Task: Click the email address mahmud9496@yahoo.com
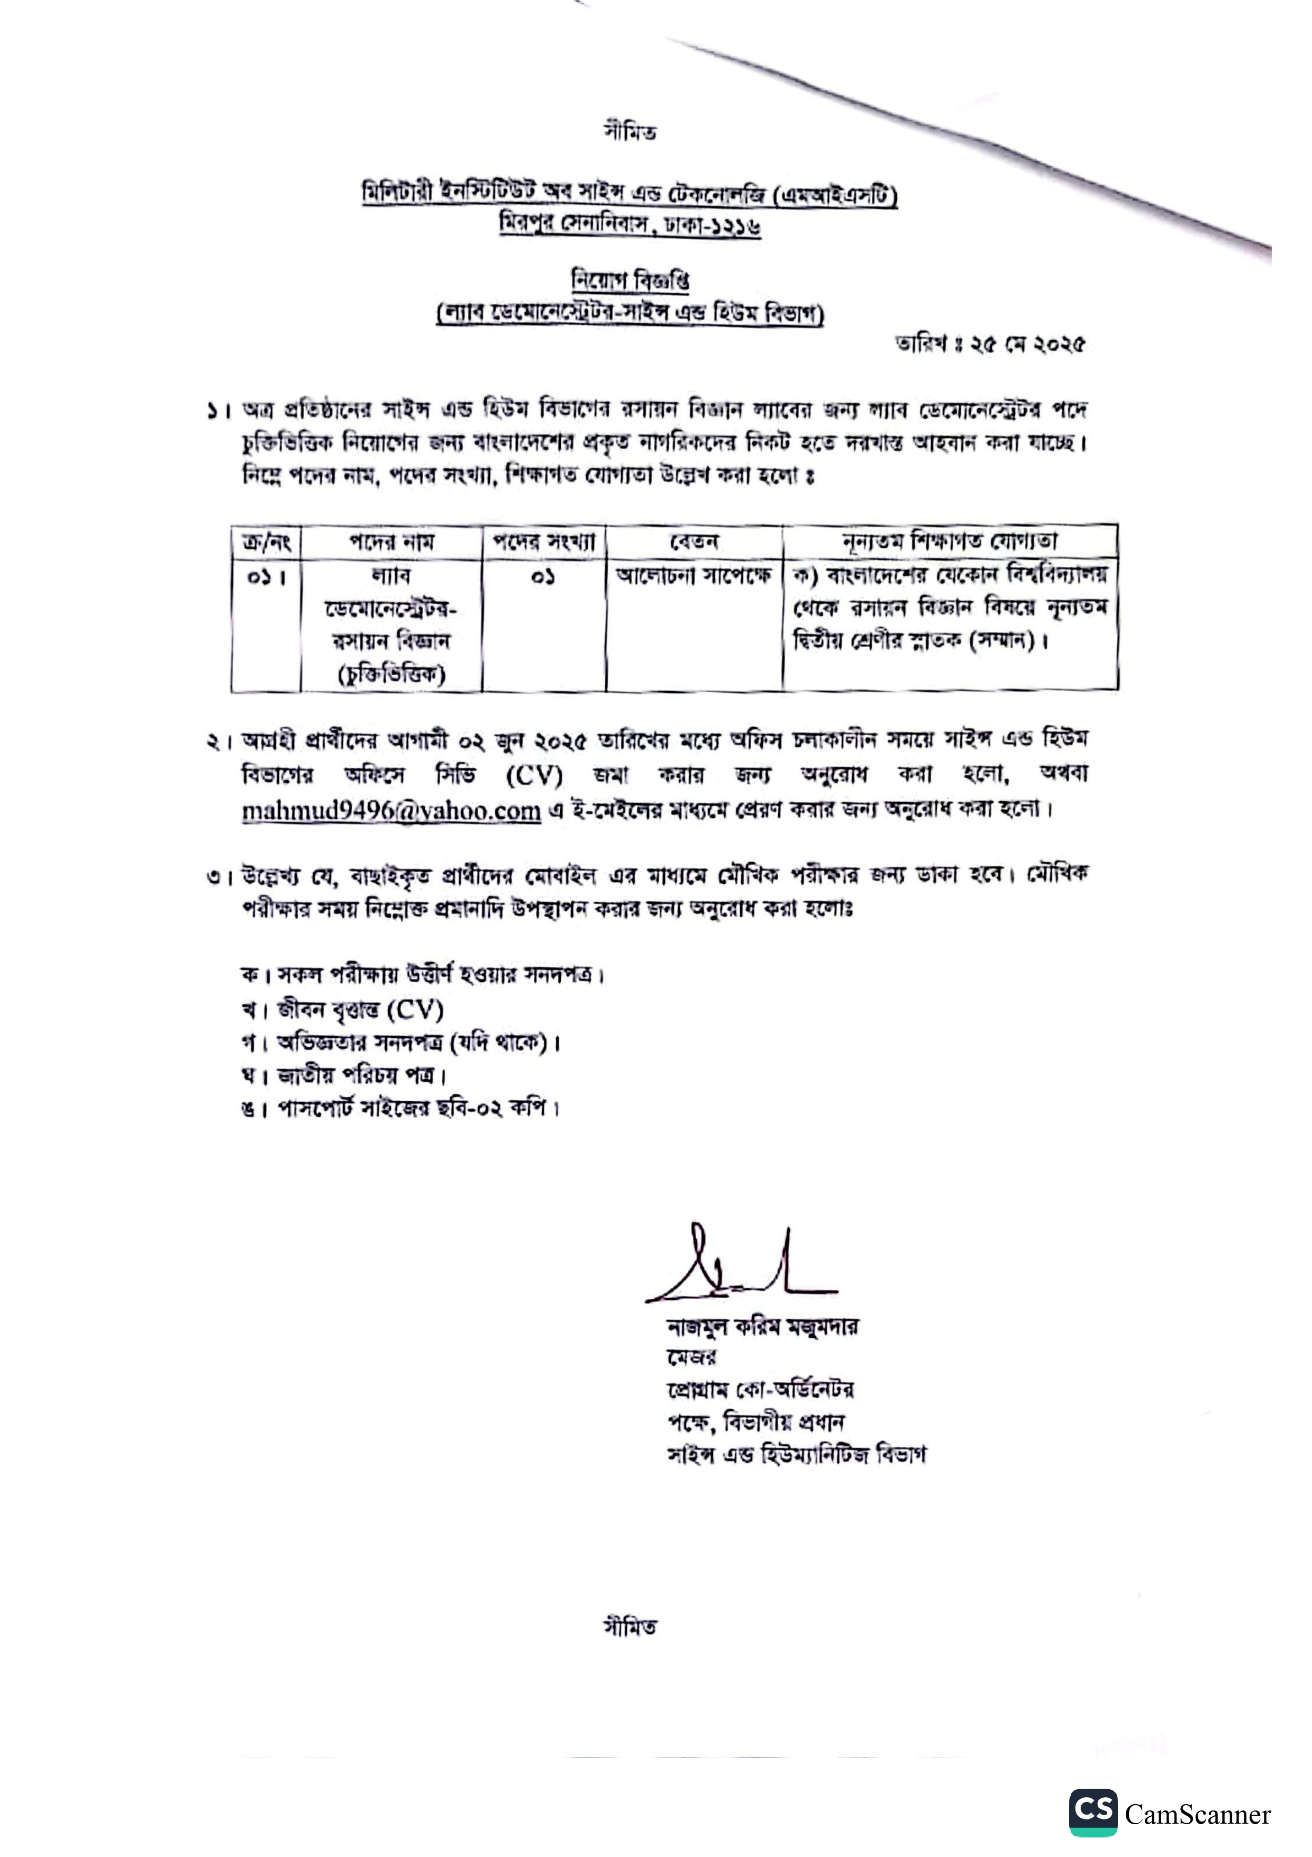pyautogui.click(x=391, y=810)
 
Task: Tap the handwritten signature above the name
pyautogui.click(x=740, y=1269)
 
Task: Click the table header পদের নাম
pyautogui.click(x=391, y=541)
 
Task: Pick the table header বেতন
pyautogui.click(x=694, y=541)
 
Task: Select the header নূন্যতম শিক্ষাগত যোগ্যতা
pyautogui.click(x=949, y=540)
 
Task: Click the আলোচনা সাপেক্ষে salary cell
pyautogui.click(x=694, y=576)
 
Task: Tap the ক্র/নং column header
pyautogui.click(x=266, y=541)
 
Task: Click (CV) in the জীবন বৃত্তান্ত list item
pyautogui.click(x=415, y=1009)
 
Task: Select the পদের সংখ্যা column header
pyautogui.click(x=543, y=541)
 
